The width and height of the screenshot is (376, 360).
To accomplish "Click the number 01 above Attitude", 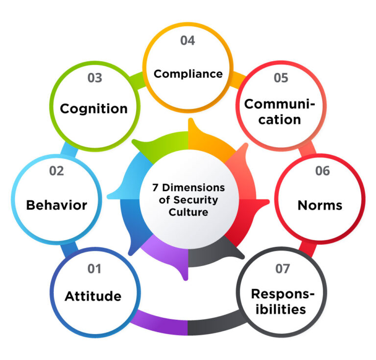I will (x=94, y=269).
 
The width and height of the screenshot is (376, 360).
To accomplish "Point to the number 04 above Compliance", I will (x=188, y=41).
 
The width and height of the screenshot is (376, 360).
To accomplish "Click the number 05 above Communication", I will (x=280, y=78).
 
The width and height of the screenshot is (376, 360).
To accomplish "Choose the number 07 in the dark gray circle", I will (x=282, y=269).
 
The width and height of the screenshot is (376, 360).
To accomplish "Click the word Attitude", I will (x=93, y=296).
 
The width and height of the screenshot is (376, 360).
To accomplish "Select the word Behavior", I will (x=56, y=205).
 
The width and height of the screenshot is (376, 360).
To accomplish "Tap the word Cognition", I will (x=94, y=108).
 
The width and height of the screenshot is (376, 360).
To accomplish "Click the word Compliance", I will (x=188, y=74).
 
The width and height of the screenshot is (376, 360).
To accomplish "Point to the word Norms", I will (x=320, y=205).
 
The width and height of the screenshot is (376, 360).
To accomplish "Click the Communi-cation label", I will (x=280, y=111).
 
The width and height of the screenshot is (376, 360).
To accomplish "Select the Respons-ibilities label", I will (x=281, y=301).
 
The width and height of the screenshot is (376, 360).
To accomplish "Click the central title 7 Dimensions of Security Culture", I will (x=188, y=200).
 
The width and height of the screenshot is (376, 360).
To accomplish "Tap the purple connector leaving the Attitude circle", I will (x=157, y=323).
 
